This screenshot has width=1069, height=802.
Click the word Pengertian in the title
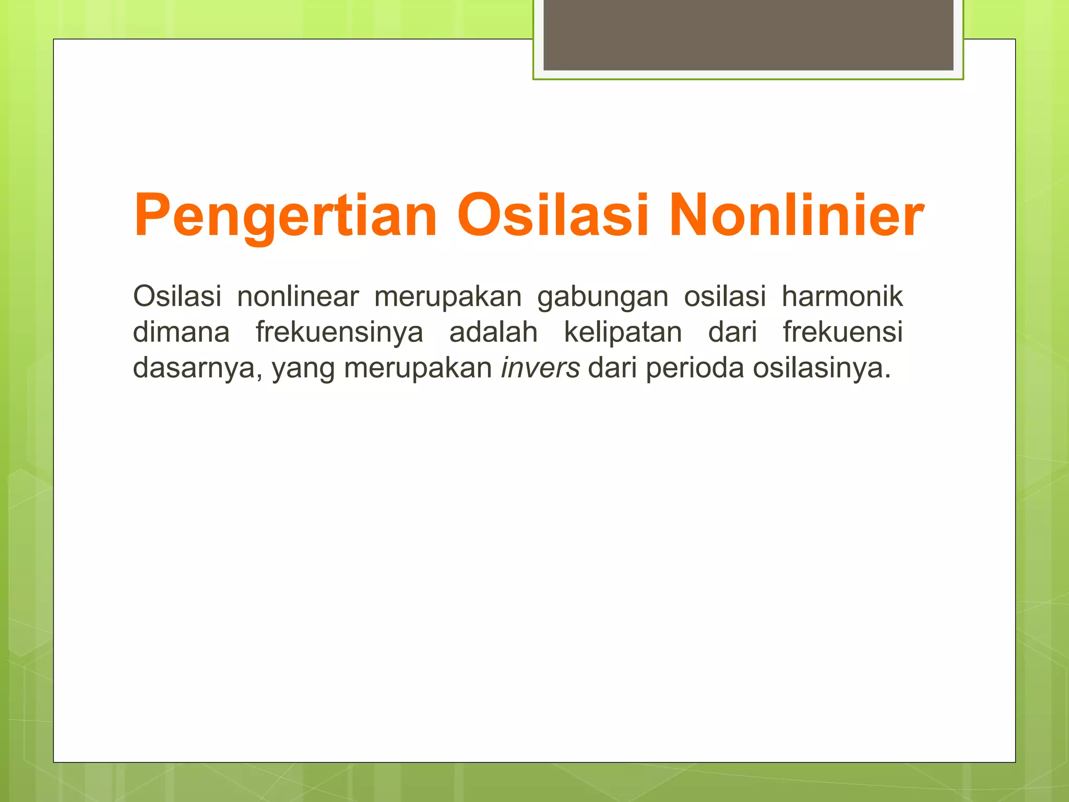[x=285, y=216]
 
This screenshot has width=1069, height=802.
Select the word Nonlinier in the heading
[x=796, y=215]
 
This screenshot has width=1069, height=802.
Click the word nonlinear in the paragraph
[x=298, y=296]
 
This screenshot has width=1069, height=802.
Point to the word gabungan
[x=603, y=297]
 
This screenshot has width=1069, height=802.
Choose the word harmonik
[x=842, y=296]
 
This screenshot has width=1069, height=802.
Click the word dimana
[x=181, y=332]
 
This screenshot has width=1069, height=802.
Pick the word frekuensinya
[x=339, y=333]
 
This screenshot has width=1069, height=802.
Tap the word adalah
[x=493, y=332]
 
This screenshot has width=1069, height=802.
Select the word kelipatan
[x=623, y=333]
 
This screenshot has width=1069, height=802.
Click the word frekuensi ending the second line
[x=842, y=332]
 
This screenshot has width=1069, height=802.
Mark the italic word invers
[x=540, y=368]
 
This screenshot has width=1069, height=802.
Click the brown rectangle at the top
[x=748, y=35]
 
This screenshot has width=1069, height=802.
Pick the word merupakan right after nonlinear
[x=448, y=297]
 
